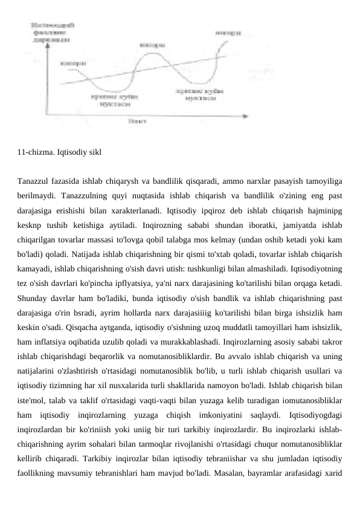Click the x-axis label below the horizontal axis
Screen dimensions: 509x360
click(x=137, y=121)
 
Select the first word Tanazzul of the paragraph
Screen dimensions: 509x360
click(x=36, y=180)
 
